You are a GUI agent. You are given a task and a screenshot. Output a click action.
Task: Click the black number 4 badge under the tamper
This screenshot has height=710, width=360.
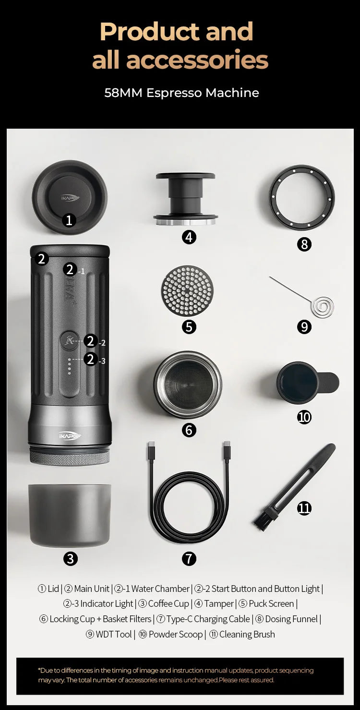189,237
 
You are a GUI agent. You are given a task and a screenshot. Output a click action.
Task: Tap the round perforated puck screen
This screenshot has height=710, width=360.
187,290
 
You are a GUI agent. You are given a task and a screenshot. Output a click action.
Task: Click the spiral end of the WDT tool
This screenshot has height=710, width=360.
322,307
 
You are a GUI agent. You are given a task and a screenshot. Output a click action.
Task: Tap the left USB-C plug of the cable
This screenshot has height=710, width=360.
151,452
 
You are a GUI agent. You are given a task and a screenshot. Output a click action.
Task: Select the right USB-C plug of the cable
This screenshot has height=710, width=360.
227,452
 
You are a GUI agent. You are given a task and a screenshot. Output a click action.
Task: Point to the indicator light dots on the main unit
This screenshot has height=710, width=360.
70,366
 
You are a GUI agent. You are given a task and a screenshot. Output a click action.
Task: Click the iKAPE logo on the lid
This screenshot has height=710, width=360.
70,197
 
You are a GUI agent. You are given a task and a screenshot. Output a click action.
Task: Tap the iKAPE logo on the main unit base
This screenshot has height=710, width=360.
70,435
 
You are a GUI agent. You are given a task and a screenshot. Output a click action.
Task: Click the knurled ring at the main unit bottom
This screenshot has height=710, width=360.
70,457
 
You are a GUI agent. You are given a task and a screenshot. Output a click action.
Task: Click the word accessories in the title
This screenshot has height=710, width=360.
180,60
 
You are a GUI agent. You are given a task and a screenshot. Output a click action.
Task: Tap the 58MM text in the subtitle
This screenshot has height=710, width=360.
123,93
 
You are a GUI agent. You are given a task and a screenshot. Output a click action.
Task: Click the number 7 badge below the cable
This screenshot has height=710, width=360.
189,558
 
